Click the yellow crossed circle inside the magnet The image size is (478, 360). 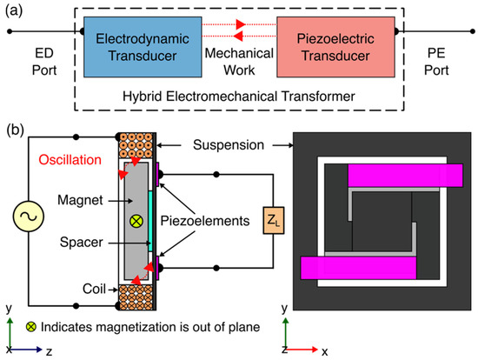(135, 221)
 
